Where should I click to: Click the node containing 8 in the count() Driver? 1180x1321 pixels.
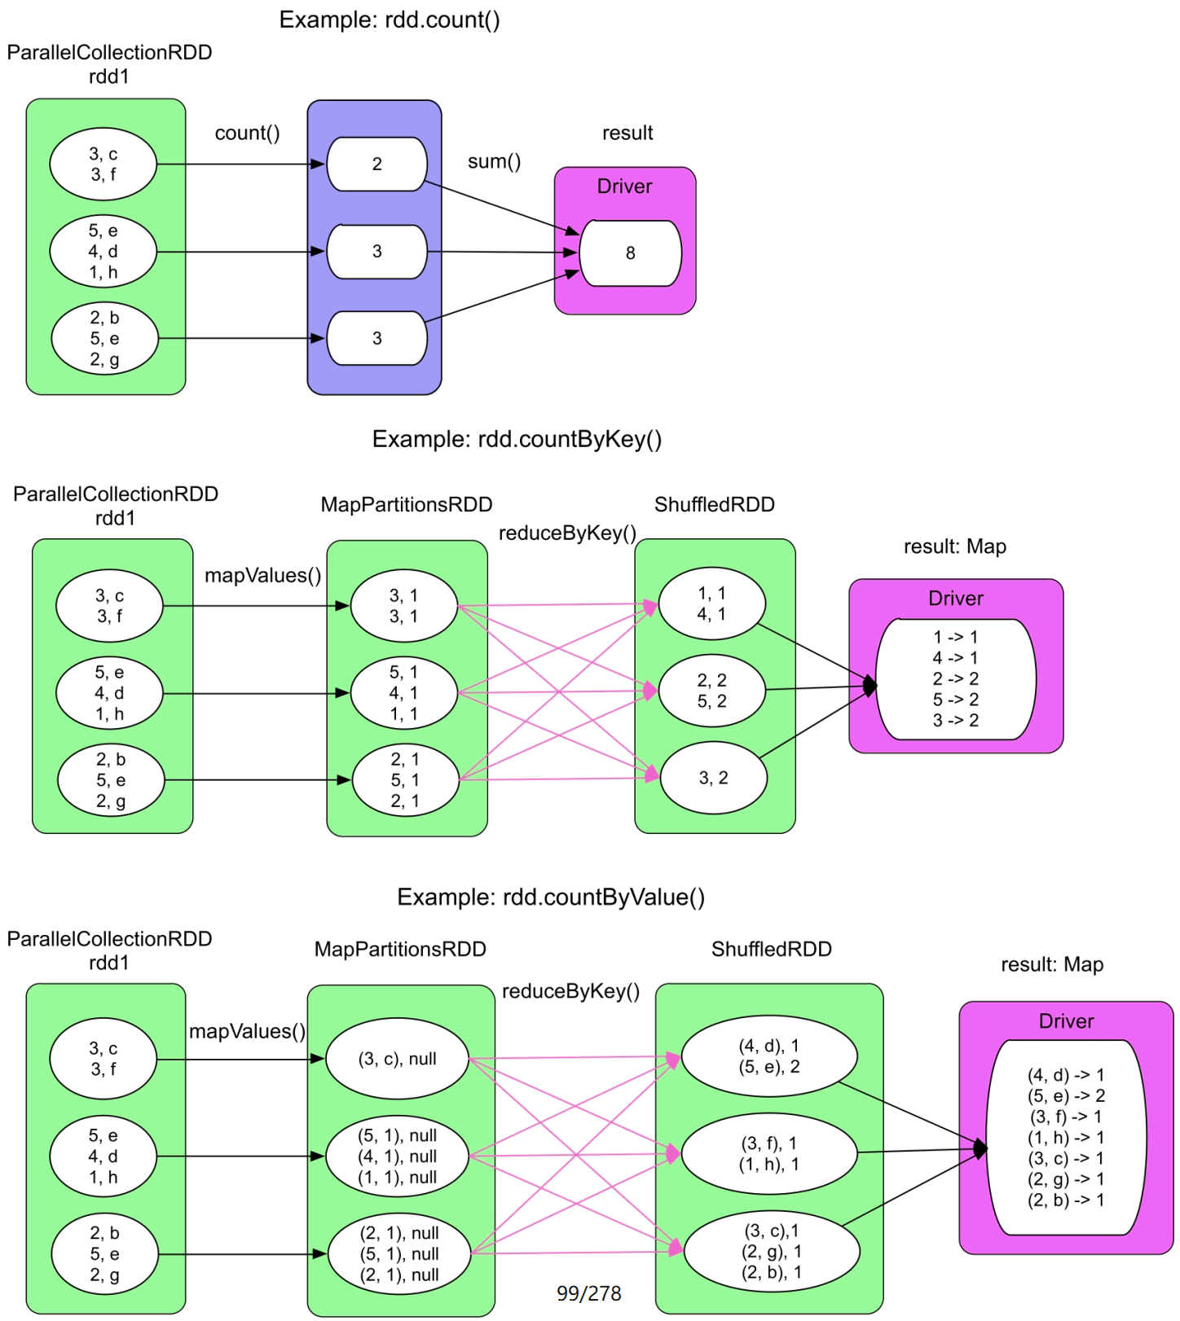(630, 253)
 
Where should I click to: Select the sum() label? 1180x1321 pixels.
(494, 161)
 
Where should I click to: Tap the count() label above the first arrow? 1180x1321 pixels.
(247, 133)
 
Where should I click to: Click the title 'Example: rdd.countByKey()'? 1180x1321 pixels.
(517, 439)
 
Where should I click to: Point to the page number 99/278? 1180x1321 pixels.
(588, 1293)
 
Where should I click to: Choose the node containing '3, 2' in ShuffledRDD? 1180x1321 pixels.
(713, 778)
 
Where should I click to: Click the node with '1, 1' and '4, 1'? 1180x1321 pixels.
(711, 603)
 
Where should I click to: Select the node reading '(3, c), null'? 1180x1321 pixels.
(397, 1059)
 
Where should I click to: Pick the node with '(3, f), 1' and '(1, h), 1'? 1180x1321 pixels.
(769, 1154)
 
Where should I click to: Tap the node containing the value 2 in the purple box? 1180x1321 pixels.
(376, 165)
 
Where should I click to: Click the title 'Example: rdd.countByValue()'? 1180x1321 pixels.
(551, 897)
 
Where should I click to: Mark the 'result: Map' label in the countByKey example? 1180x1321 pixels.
(954, 546)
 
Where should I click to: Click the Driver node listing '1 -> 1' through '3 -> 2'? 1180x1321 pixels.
(955, 678)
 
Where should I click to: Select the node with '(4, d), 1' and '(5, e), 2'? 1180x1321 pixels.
(769, 1056)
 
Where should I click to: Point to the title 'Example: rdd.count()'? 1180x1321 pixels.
(390, 20)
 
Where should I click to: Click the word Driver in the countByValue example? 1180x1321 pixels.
(1066, 1021)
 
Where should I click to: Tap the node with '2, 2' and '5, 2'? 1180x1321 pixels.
(711, 691)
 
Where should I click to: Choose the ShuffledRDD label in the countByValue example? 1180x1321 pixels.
(771, 949)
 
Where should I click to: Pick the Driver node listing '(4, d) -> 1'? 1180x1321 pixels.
(1066, 1137)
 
